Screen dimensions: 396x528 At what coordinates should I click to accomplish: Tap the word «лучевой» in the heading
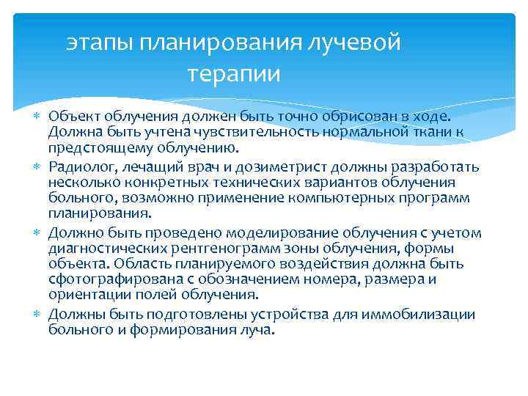pos(359,43)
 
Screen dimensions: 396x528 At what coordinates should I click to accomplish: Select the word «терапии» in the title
pos(233,74)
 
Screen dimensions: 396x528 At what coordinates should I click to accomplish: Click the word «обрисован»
pos(356,117)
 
